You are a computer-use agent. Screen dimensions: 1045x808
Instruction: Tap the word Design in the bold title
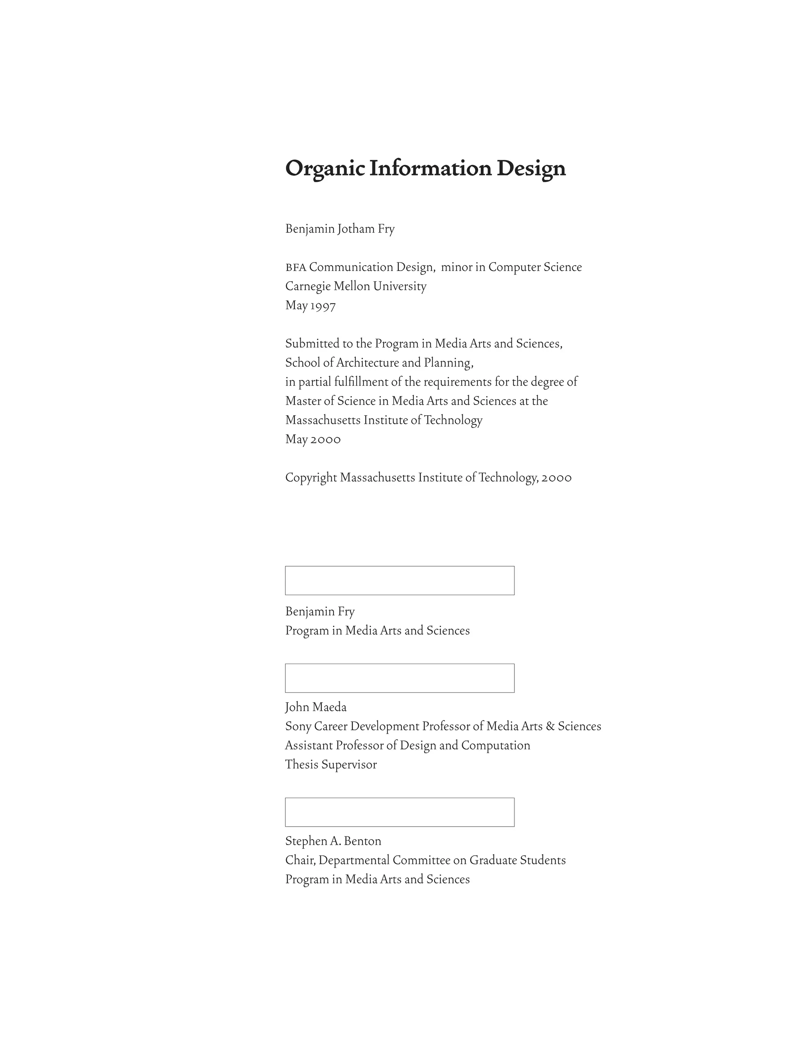coord(531,169)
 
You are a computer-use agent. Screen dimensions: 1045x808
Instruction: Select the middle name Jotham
coord(355,229)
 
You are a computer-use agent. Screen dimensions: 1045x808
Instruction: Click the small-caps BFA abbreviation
coord(296,267)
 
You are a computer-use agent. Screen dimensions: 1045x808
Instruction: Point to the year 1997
coord(323,306)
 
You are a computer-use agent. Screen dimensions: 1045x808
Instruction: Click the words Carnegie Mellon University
coord(355,287)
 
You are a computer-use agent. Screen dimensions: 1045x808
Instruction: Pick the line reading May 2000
coord(312,439)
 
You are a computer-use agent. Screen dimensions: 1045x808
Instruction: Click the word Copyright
coord(311,478)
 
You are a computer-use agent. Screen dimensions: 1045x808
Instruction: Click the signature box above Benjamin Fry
coord(400,580)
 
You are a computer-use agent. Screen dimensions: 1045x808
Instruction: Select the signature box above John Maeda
coord(400,678)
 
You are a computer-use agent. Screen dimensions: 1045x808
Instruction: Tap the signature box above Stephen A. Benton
coord(400,812)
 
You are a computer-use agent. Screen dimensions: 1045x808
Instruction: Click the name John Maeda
coord(316,707)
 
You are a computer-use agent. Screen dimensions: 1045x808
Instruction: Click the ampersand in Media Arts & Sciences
coord(550,726)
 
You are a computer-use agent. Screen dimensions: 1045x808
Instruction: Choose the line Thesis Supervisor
coord(331,765)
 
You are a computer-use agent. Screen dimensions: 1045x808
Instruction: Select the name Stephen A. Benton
coord(333,841)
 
